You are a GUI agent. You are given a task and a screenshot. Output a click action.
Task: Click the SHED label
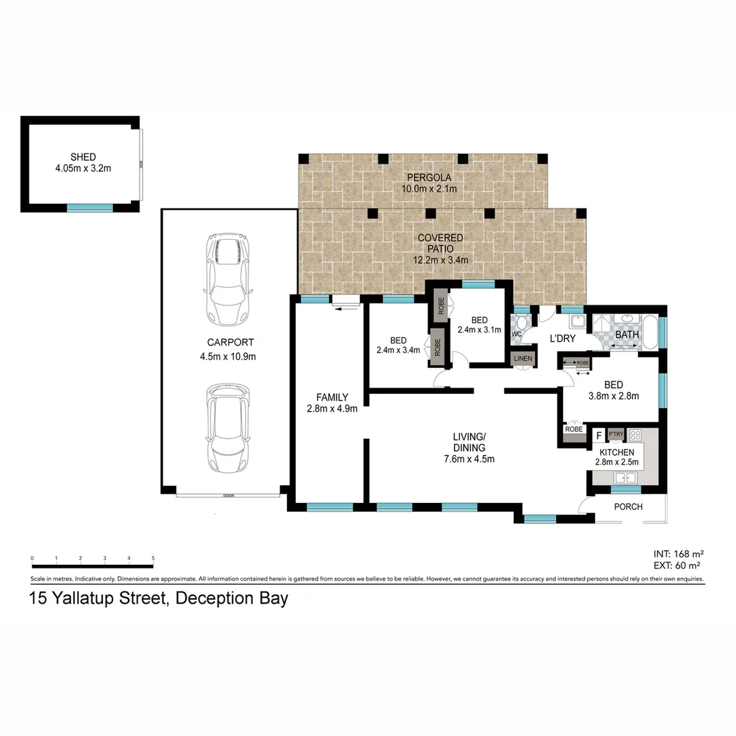point(83,157)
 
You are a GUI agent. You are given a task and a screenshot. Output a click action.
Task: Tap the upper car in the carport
point(228,279)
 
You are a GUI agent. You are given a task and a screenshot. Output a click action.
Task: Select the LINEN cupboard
point(523,358)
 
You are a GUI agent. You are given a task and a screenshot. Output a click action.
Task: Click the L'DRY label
point(564,338)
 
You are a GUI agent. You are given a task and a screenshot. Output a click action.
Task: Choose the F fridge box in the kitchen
point(599,435)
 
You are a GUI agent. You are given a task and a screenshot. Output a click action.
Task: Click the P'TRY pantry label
point(616,434)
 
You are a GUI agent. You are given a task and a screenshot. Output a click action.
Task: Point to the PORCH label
point(628,507)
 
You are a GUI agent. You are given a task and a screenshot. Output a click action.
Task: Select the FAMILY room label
point(332,397)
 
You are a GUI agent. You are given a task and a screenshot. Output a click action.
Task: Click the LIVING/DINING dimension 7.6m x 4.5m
point(468,459)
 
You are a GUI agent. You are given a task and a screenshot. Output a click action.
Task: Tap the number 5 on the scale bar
point(153,558)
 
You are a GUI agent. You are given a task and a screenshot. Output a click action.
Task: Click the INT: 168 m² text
point(677,553)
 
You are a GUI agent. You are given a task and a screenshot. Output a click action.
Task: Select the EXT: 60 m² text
point(677,565)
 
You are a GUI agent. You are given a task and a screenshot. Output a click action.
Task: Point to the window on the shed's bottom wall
point(89,207)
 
